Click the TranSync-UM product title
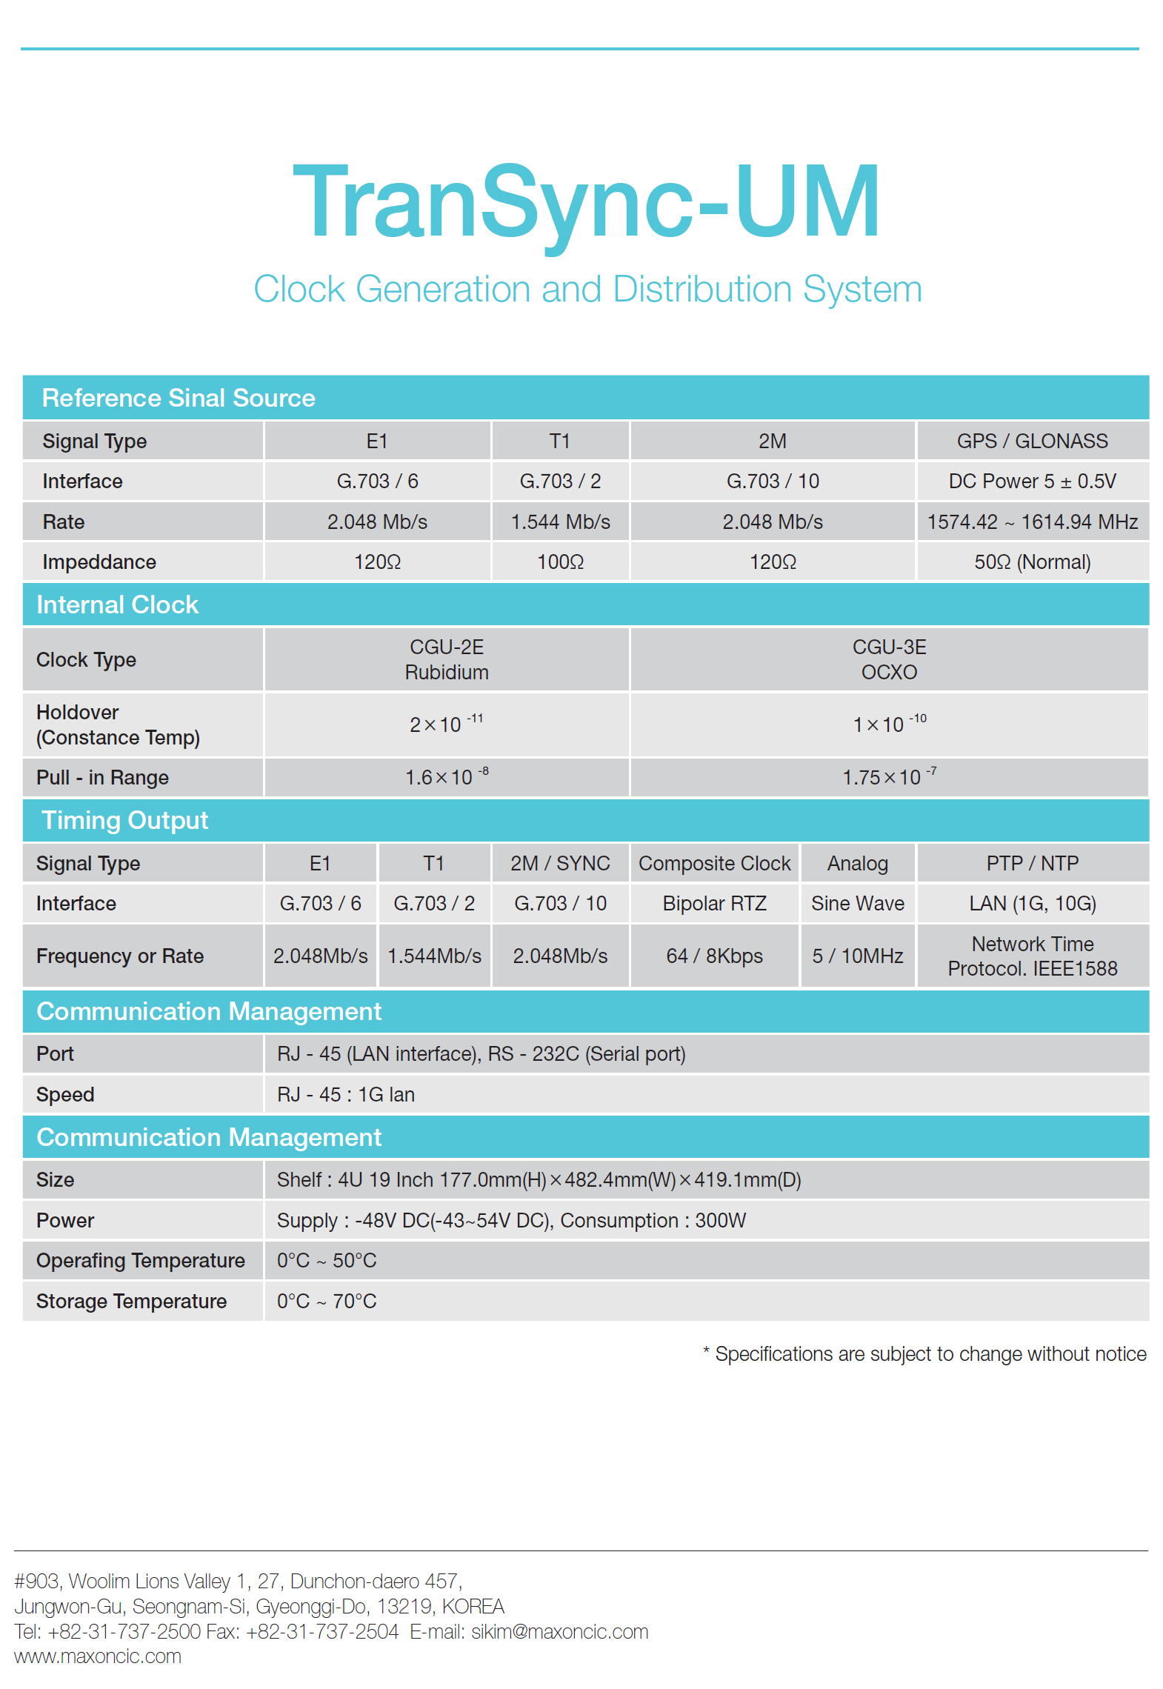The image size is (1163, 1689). [x=587, y=203]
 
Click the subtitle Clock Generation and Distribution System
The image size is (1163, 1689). [x=587, y=289]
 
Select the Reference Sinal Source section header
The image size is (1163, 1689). [x=179, y=398]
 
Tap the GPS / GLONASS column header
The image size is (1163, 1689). [x=1032, y=441]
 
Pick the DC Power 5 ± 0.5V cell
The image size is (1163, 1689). [x=1032, y=482]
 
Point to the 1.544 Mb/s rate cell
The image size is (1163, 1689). [x=560, y=522]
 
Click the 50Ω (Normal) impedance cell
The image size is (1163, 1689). [x=1032, y=562]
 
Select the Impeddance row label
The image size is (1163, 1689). [x=99, y=562]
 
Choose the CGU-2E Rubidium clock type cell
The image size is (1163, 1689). [x=447, y=659]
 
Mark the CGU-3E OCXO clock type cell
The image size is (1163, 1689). [x=889, y=659]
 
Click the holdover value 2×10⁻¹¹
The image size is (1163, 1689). [x=446, y=723]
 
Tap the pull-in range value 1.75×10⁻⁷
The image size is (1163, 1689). [x=889, y=776]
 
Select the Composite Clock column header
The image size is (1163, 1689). [x=714, y=863]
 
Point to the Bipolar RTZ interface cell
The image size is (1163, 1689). [x=714, y=903]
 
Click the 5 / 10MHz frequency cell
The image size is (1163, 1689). [x=857, y=956]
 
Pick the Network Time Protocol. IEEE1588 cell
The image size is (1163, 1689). [x=1032, y=956]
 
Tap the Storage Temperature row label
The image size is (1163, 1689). [x=131, y=1301]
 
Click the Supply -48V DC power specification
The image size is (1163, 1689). [x=511, y=1220]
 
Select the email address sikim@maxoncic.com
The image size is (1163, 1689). [x=559, y=1631]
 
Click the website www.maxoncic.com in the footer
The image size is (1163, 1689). [x=98, y=1656]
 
